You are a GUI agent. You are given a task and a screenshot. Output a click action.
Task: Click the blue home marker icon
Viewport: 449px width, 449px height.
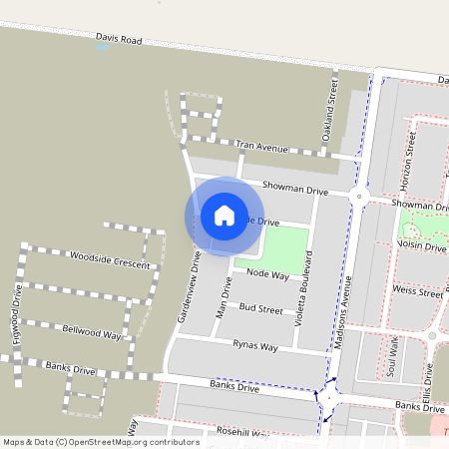click(x=224, y=216)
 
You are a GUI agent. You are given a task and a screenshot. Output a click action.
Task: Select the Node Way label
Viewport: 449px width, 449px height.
click(x=267, y=272)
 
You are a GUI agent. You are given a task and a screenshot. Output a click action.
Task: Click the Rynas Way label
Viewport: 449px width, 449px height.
click(x=255, y=346)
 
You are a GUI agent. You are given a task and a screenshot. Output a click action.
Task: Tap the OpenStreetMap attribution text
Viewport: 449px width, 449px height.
click(x=101, y=441)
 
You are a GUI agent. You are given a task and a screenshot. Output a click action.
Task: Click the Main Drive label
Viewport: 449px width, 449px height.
click(x=224, y=298)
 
